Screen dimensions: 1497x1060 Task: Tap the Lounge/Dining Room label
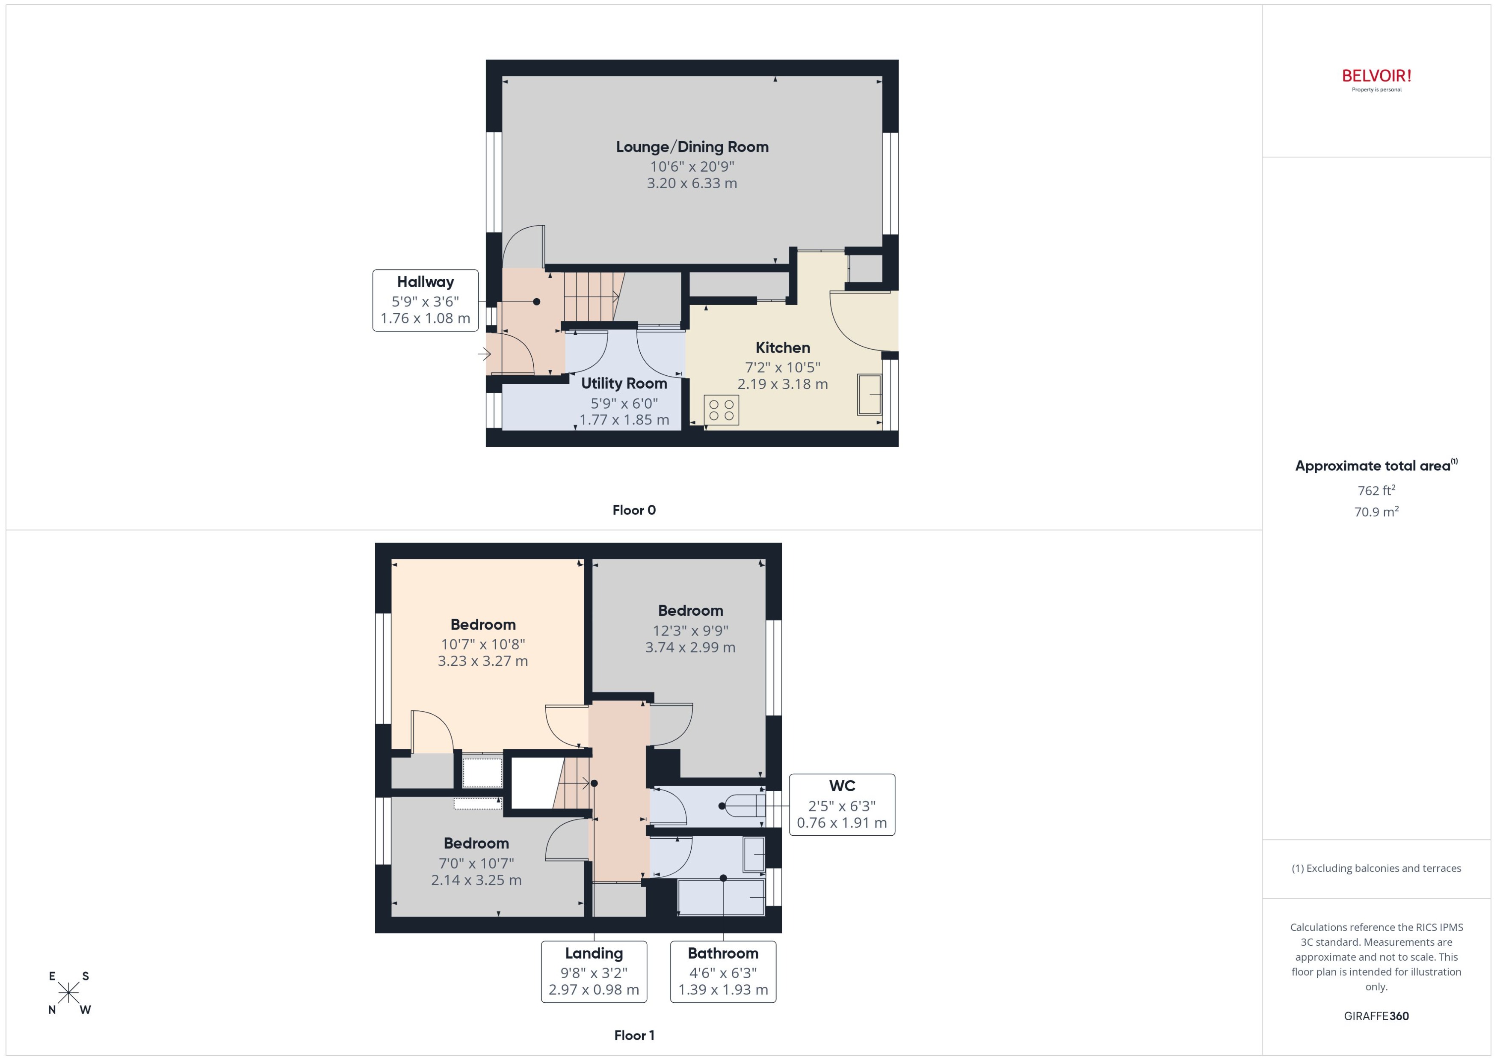coord(692,147)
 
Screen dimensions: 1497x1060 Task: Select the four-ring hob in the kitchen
coord(722,410)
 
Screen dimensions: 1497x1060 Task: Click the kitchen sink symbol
coord(869,394)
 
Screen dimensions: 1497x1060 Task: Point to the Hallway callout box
coord(425,300)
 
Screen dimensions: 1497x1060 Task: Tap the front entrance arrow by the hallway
coord(484,354)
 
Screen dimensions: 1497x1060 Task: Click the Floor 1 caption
coord(634,1035)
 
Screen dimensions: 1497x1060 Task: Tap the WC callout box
coord(842,805)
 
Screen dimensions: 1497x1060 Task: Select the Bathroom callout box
coord(723,971)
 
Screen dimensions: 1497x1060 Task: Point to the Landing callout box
coord(594,971)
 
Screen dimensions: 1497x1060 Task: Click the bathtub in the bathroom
coord(721,897)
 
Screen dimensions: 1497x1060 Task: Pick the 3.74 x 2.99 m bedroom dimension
coord(690,647)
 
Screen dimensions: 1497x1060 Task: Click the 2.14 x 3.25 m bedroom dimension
coord(476,880)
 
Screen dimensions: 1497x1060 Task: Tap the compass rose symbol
coord(68,993)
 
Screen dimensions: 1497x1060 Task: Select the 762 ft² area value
coord(1376,490)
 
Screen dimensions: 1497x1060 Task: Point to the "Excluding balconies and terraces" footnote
coord(1376,868)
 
